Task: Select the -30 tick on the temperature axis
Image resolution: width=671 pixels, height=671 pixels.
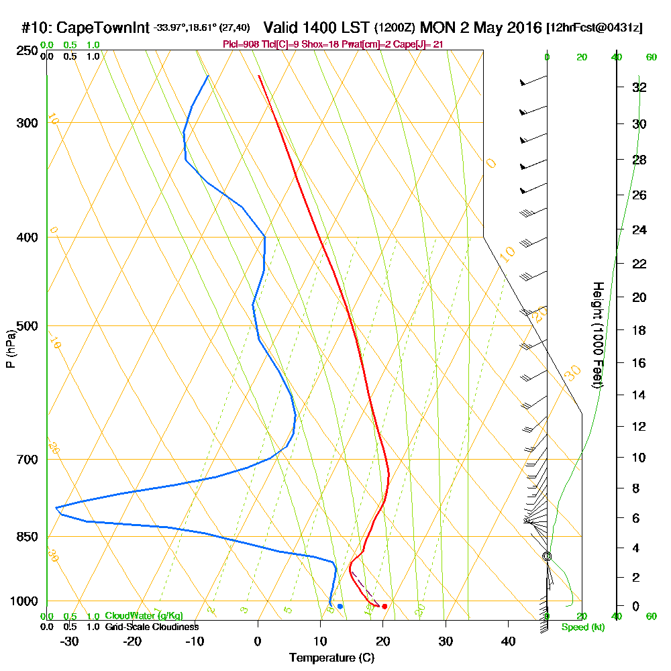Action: coord(70,641)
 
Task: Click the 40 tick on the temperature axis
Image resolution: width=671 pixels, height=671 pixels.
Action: coord(509,641)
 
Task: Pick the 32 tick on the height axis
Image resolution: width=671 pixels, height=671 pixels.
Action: coord(639,87)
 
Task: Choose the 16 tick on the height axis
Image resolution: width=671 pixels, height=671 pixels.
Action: coord(639,363)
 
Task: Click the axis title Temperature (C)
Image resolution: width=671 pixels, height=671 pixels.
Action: coord(331,658)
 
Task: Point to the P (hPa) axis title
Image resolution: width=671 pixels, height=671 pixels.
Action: coord(10,350)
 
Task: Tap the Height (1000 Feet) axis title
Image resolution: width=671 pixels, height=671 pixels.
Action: coord(597,335)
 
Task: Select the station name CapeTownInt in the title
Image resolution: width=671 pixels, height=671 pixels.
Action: coord(102,28)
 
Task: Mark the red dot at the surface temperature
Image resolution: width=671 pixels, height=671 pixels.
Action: coord(384,607)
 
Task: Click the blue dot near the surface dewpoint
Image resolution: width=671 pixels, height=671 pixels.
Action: coord(340,607)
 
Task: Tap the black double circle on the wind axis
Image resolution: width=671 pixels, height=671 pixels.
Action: coord(547,556)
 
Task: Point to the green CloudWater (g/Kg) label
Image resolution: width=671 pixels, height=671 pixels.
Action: coord(144,616)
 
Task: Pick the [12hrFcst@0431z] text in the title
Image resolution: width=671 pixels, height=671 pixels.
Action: coord(595,28)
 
